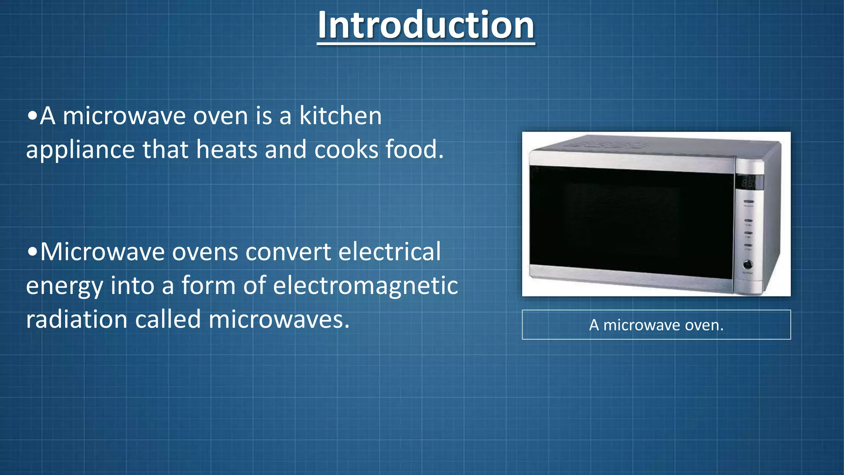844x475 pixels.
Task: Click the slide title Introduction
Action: pyautogui.click(x=426, y=26)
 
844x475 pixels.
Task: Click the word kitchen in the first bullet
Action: pyautogui.click(x=340, y=116)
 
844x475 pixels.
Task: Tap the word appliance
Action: pyautogui.click(x=80, y=150)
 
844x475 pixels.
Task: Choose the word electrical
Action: pyautogui.click(x=389, y=252)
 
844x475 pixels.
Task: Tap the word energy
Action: pyautogui.click(x=64, y=286)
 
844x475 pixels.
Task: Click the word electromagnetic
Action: pyautogui.click(x=365, y=286)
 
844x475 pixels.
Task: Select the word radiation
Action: pyautogui.click(x=77, y=320)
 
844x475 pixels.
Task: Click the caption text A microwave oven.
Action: pyautogui.click(x=656, y=325)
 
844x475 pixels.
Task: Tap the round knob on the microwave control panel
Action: pyautogui.click(x=748, y=264)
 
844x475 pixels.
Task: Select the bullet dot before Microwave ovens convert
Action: pyautogui.click(x=32, y=252)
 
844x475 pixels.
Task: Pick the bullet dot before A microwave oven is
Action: pyautogui.click(x=32, y=116)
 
